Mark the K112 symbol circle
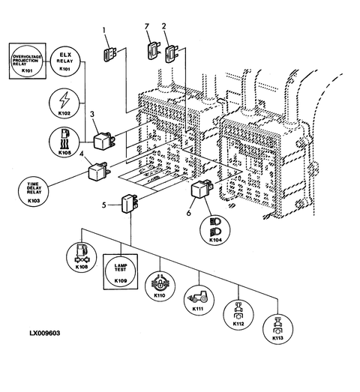coord(238,315)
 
